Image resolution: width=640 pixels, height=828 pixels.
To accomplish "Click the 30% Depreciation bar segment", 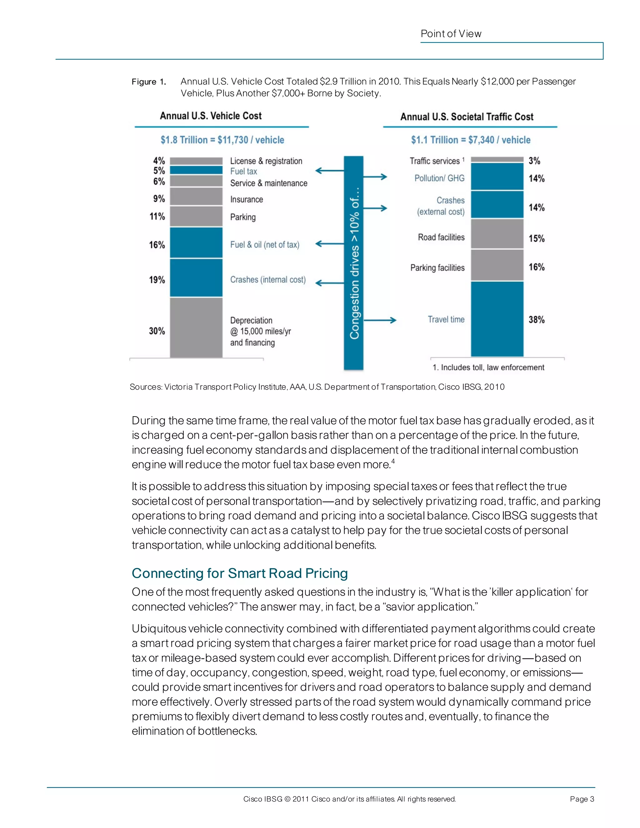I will coord(196,327).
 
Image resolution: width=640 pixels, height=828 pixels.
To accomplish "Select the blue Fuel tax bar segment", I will coord(196,170).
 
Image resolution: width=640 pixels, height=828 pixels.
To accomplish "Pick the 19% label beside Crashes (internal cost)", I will coord(157,280).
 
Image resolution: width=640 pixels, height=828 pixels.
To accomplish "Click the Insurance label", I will coord(247,199).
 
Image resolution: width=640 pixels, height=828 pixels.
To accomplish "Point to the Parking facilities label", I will coord(437,268).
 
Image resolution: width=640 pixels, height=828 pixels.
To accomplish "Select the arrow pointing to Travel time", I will coord(380,320).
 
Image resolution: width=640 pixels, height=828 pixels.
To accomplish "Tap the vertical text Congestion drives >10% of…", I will coord(354,263).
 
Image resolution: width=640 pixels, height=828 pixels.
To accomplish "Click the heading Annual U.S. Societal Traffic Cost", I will coord(467,117).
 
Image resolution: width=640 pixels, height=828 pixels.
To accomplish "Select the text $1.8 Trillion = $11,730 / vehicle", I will coord(222,140).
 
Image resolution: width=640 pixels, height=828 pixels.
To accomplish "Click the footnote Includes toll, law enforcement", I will coord(488,367).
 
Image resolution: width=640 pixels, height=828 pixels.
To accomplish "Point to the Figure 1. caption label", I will coord(149,82).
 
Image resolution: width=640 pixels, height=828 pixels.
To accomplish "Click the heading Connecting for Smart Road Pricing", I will coord(240,573).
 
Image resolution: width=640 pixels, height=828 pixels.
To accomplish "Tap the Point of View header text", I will coord(451,34).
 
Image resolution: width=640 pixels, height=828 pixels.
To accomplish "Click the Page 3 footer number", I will coord(582,799).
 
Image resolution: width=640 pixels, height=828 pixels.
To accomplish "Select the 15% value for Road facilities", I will coord(537,238).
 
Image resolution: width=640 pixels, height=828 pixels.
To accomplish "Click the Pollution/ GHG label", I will coord(439,178).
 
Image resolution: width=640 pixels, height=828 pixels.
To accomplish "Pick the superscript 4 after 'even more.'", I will coord(393,461).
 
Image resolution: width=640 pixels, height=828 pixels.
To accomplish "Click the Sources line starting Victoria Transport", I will coord(317,387).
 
